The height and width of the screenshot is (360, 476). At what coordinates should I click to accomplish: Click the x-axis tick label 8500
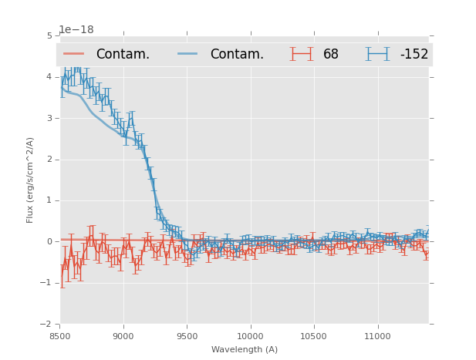coord(60,336)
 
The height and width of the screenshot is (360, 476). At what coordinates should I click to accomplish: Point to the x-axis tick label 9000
coord(123,336)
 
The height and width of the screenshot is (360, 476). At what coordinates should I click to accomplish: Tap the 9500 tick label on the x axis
coord(187,336)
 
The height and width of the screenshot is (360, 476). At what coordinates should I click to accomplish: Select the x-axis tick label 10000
coord(250,336)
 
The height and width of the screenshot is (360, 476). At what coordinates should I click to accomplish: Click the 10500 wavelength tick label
coord(313,336)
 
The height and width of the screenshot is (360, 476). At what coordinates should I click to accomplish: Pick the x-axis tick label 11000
coord(376,336)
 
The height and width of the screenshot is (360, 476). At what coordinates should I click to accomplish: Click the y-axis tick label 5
coord(49,36)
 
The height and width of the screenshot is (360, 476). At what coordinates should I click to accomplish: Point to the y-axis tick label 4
coord(49,77)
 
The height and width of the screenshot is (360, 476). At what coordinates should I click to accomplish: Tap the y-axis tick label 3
coord(49,118)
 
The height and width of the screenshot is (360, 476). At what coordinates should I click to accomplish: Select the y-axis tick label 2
coord(49,160)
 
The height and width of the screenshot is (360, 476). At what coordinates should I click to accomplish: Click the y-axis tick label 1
coord(49,200)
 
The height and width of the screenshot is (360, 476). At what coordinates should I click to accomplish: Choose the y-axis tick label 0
coord(49,241)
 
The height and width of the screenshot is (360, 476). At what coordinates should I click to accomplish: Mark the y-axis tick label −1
coord(47,283)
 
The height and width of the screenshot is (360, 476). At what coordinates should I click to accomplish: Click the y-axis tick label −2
coord(47,324)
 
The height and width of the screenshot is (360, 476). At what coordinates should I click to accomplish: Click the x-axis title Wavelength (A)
coord(245,349)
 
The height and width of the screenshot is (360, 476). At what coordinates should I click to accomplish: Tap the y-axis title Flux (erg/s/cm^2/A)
coord(30,180)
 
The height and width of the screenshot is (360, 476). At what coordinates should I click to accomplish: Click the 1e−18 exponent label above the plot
coord(76,29)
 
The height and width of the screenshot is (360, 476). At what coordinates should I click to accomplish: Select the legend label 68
coord(331,55)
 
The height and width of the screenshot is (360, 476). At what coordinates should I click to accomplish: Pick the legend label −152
coord(414,55)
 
